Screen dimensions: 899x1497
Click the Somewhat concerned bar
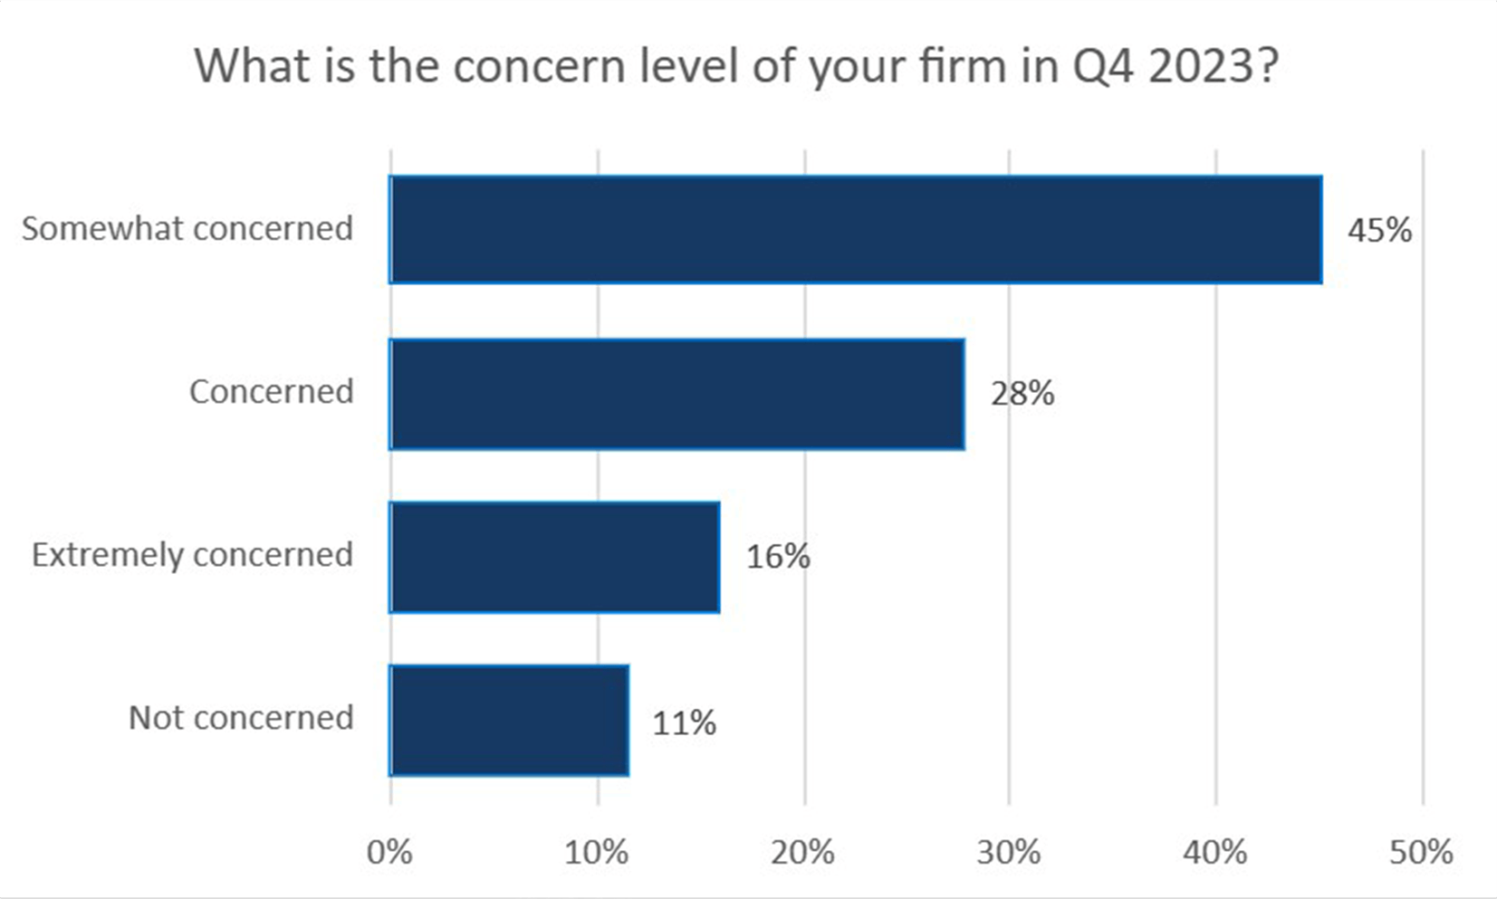(856, 230)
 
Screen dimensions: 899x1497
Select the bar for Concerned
(677, 394)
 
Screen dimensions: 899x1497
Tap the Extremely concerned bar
(554, 557)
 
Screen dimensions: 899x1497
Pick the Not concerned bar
(509, 721)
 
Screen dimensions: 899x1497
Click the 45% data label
(1379, 230)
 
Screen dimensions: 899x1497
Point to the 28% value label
(1022, 394)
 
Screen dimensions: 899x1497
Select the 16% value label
(778, 556)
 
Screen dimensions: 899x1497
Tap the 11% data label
(685, 723)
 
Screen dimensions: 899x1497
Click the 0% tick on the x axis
(389, 852)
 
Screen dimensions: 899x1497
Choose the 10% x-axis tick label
(597, 852)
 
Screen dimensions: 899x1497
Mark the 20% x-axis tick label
(803, 852)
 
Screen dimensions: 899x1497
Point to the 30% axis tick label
(1009, 852)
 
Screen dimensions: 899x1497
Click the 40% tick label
(1215, 852)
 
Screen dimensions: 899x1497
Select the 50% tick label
(1422, 852)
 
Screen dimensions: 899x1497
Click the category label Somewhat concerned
(187, 228)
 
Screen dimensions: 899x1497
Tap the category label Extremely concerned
(192, 554)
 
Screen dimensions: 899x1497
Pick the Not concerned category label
(241, 717)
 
